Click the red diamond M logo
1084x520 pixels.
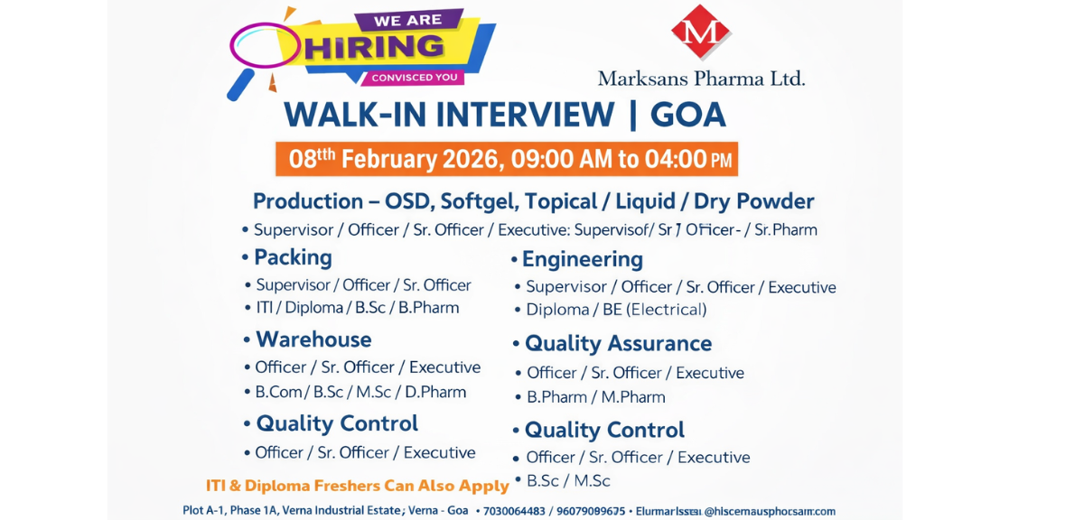pyautogui.click(x=700, y=32)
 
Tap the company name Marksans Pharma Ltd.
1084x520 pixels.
pyautogui.click(x=701, y=78)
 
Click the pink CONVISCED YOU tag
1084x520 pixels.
pyautogui.click(x=415, y=78)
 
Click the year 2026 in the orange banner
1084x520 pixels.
pyautogui.click(x=470, y=159)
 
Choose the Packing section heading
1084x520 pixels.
pyautogui.click(x=293, y=257)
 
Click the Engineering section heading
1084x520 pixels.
pyautogui.click(x=583, y=259)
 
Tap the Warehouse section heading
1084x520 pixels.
pyautogui.click(x=313, y=339)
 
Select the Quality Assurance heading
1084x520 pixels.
pyautogui.click(x=618, y=343)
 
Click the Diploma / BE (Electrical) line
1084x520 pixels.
pyautogui.click(x=616, y=310)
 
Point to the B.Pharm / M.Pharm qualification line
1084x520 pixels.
pyautogui.click(x=596, y=397)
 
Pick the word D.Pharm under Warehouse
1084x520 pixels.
pyautogui.click(x=436, y=392)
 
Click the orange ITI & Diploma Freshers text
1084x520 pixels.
pyautogui.click(x=358, y=486)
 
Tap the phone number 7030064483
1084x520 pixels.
pyautogui.click(x=514, y=511)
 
